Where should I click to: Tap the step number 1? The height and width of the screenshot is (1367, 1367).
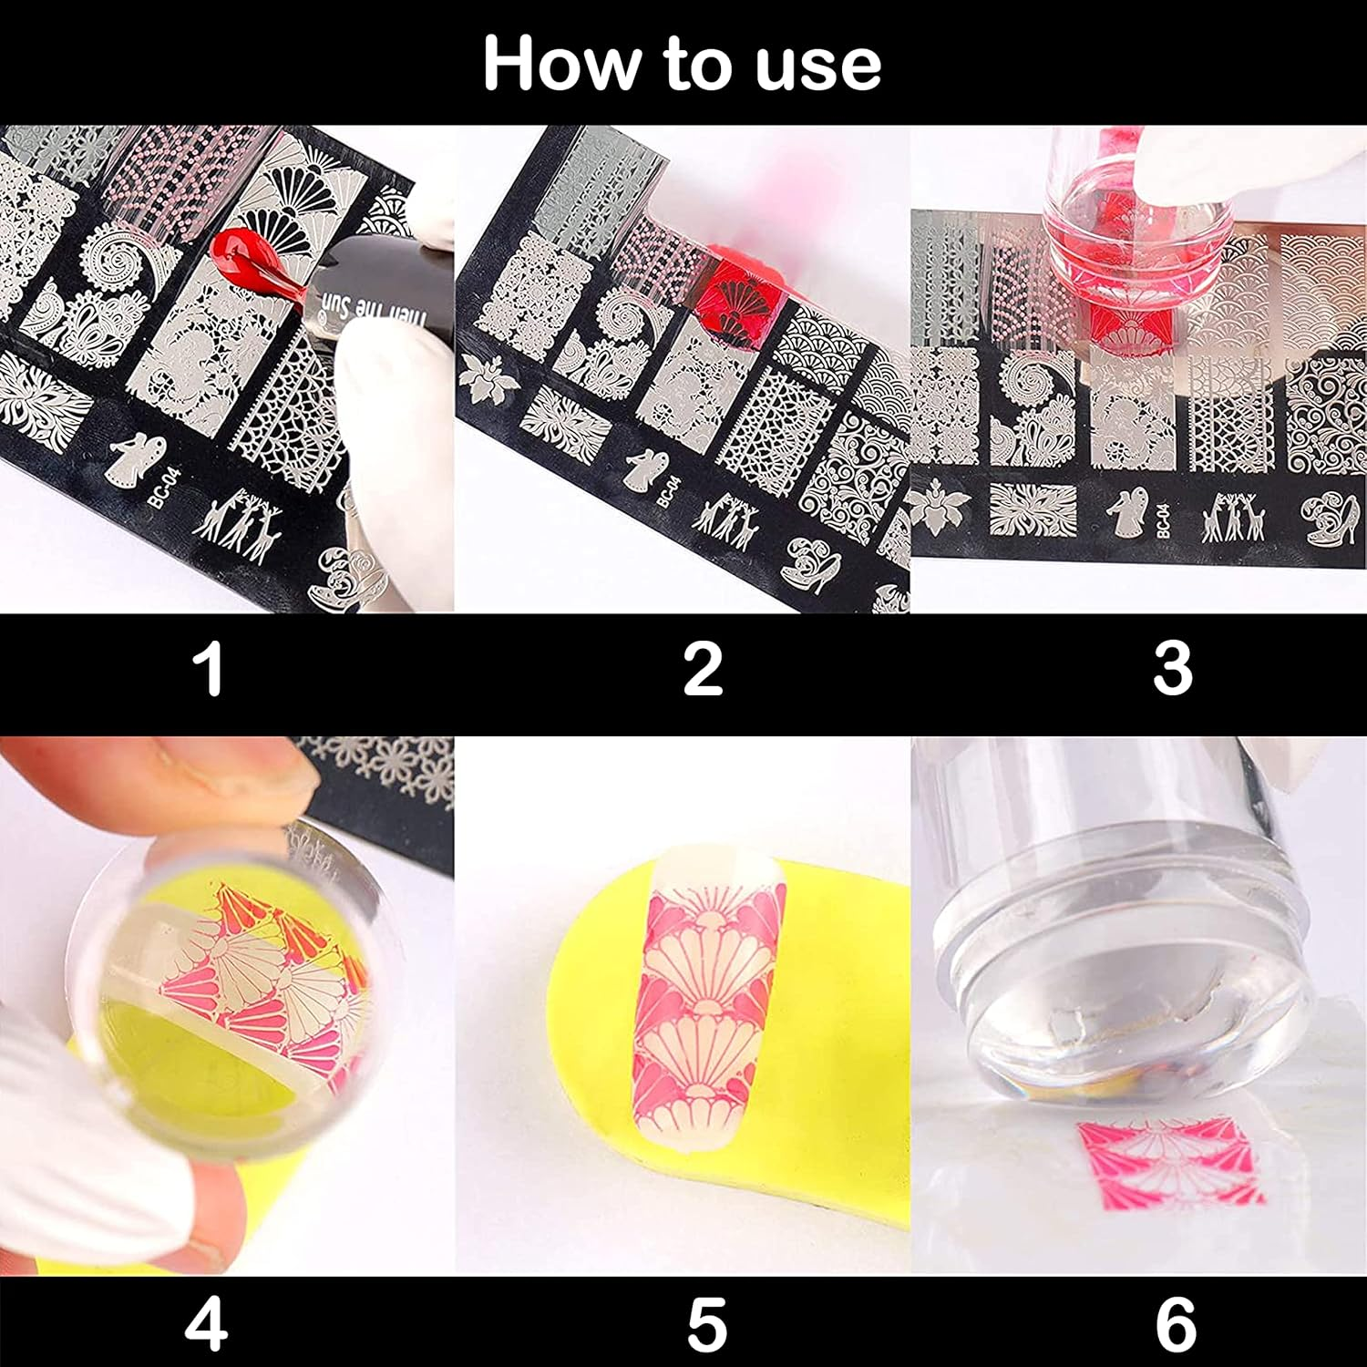[211, 670]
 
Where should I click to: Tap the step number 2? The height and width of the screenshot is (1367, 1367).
[703, 670]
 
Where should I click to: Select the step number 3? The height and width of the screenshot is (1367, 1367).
[1173, 670]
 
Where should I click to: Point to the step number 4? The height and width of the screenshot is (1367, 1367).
[206, 1324]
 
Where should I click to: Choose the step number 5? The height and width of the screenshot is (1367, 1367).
[706, 1324]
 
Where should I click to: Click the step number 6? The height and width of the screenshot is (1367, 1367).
[1176, 1324]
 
